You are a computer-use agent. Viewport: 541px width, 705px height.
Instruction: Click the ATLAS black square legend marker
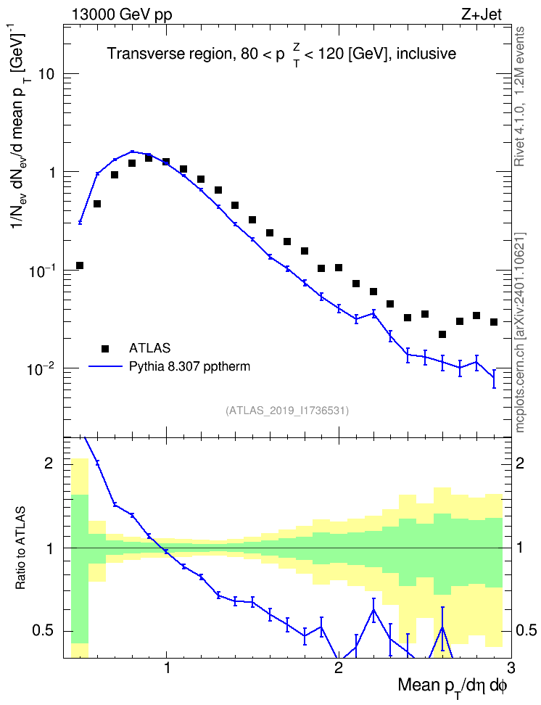pos(105,348)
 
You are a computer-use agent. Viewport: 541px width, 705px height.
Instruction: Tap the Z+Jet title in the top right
pos(482,15)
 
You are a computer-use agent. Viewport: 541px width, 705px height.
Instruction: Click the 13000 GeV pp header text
pos(121,15)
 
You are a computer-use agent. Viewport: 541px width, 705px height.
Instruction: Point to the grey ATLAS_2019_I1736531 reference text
pos(287,410)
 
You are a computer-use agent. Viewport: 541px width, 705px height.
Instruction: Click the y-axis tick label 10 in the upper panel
pos(46,74)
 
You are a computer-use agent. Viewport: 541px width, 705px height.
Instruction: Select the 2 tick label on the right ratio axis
pos(520,463)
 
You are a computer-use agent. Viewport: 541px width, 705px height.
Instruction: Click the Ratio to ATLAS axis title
pos(20,548)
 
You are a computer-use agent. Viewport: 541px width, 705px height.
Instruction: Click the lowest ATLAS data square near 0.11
pos(80,265)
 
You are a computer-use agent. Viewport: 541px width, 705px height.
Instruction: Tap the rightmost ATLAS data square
pos(494,322)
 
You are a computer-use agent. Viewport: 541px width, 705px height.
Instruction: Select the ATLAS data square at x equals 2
pos(339,268)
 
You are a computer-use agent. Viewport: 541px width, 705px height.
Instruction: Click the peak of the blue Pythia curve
pos(132,151)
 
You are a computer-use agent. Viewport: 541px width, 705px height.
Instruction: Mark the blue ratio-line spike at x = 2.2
pos(373,610)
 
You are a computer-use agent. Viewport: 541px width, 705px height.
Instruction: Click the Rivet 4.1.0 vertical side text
pos(519,96)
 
